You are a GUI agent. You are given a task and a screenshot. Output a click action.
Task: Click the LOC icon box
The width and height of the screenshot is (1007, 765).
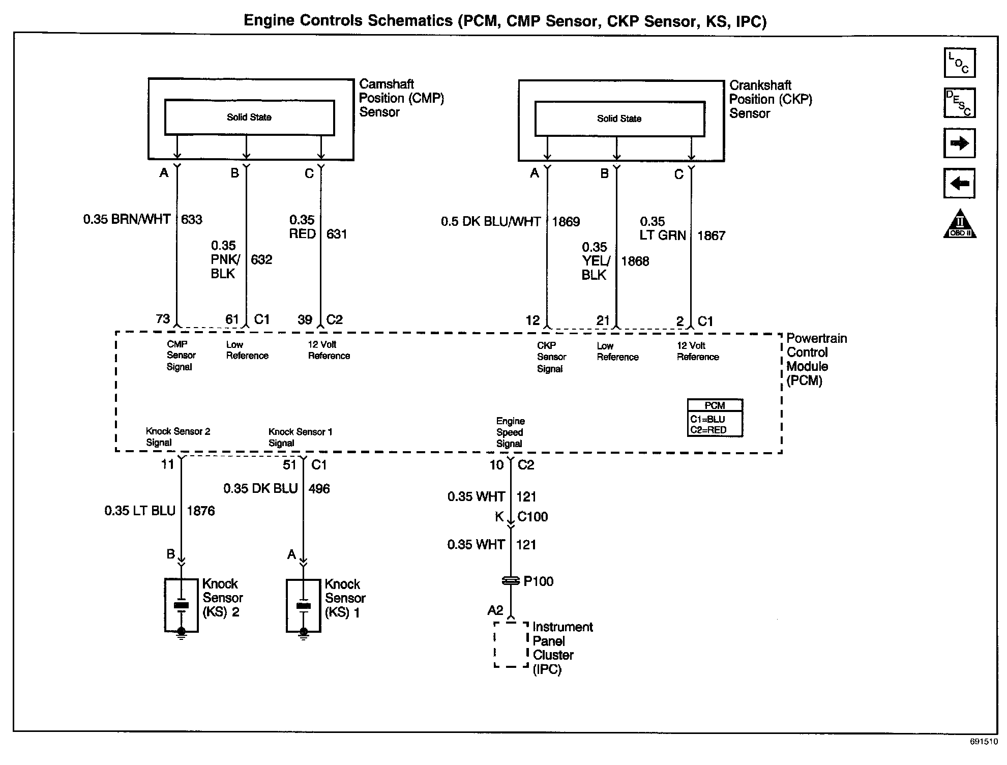tap(959, 63)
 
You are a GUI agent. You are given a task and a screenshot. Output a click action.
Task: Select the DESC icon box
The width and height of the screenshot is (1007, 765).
tap(959, 103)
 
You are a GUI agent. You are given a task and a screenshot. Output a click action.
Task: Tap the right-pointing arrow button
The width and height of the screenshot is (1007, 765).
tap(959, 143)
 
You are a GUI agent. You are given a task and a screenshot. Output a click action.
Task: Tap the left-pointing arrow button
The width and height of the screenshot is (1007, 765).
tap(959, 183)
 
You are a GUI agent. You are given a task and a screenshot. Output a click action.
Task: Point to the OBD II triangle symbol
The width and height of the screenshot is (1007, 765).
tap(960, 225)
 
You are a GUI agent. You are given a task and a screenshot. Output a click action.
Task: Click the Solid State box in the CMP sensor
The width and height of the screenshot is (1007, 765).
tap(249, 117)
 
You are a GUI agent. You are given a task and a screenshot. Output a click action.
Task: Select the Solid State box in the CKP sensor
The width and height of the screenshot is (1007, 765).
tap(619, 119)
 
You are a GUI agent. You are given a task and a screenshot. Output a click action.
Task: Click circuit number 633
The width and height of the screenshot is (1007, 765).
tap(192, 220)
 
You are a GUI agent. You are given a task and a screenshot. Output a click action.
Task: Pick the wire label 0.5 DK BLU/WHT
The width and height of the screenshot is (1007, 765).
tap(490, 222)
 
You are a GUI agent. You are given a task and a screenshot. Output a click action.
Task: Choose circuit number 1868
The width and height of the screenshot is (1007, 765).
tap(635, 261)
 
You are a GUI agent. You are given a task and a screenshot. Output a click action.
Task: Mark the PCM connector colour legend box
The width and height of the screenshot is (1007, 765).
tap(715, 418)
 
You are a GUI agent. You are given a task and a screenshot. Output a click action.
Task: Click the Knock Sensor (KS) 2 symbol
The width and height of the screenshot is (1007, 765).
tap(181, 605)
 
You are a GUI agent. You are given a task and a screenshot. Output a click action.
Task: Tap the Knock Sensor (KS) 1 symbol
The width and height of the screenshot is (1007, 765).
tap(303, 605)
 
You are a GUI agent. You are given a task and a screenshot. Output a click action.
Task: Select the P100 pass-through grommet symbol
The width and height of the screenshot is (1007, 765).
tap(511, 580)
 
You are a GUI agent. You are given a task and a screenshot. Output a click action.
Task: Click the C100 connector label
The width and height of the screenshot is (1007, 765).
tap(532, 517)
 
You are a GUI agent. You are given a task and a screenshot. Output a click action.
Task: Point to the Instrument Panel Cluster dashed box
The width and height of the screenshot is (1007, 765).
tap(511, 644)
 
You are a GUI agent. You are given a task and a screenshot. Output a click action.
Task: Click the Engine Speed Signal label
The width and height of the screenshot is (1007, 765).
tap(510, 432)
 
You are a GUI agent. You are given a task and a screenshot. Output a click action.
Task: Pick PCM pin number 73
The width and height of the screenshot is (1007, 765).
tap(163, 319)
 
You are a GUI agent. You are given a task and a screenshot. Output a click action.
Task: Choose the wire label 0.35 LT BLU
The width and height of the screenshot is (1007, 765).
tap(140, 511)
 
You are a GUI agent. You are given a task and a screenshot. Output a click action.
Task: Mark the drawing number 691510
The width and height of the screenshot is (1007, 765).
tap(984, 742)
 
